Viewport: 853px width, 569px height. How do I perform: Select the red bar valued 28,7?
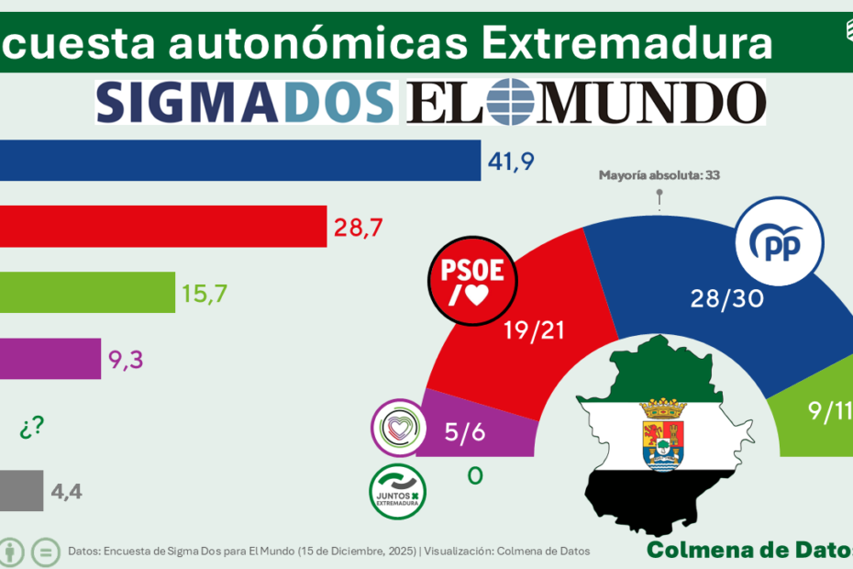click(x=163, y=226)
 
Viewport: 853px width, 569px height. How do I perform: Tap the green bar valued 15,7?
click(x=87, y=293)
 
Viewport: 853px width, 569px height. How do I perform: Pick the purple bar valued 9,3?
click(x=50, y=359)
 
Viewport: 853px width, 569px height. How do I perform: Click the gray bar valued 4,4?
click(x=21, y=491)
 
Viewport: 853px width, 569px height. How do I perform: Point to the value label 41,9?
click(x=511, y=162)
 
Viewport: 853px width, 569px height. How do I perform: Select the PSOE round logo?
click(x=473, y=281)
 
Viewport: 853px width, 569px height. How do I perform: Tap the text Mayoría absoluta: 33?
click(x=659, y=174)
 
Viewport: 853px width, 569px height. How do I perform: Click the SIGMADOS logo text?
click(x=246, y=101)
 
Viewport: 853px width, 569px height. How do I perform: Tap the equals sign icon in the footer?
click(x=45, y=552)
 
